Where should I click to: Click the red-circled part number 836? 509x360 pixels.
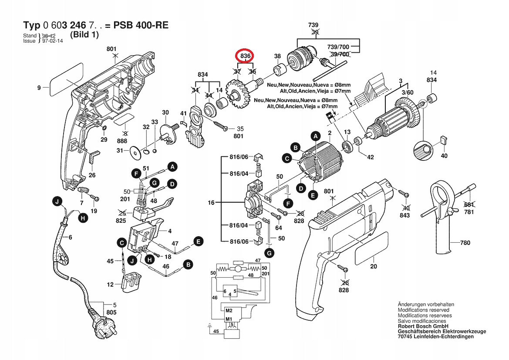point(245,56)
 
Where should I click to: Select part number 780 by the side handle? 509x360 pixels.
point(465,243)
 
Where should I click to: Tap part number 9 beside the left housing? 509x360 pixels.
point(39,88)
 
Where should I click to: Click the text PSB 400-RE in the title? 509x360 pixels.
point(141,25)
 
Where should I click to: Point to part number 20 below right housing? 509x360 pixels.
point(374,266)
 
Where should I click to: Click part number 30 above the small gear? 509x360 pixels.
point(165,112)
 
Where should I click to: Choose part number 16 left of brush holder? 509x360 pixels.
point(212,203)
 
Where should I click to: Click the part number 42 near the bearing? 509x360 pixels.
point(371,157)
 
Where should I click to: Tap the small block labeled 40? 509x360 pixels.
point(444,140)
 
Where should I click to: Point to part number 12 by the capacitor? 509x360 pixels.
point(110,285)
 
